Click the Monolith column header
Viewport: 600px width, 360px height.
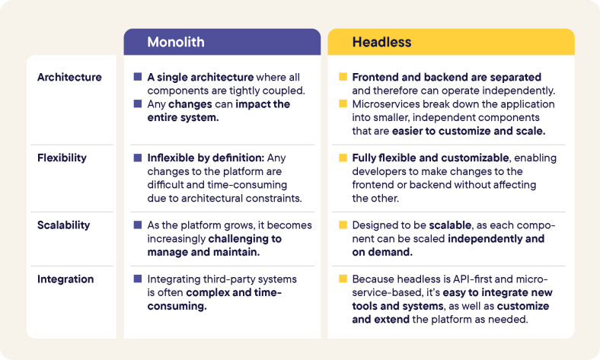coord(175,42)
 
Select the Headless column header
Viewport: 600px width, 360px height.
coord(381,42)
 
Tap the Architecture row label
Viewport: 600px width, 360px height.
coord(69,77)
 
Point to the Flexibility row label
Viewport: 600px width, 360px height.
coord(62,158)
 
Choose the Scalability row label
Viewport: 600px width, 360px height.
coord(63,225)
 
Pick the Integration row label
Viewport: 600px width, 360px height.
coord(65,279)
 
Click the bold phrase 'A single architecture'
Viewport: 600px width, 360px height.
coord(199,77)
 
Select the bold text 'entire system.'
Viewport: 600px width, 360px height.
coord(183,118)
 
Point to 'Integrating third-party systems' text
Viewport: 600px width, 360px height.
coord(222,279)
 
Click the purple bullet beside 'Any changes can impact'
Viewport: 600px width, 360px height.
coord(138,104)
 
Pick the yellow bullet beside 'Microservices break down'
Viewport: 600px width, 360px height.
coord(343,104)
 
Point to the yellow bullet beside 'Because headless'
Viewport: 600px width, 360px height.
coord(343,279)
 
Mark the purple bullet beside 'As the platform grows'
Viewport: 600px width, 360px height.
coord(138,225)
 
